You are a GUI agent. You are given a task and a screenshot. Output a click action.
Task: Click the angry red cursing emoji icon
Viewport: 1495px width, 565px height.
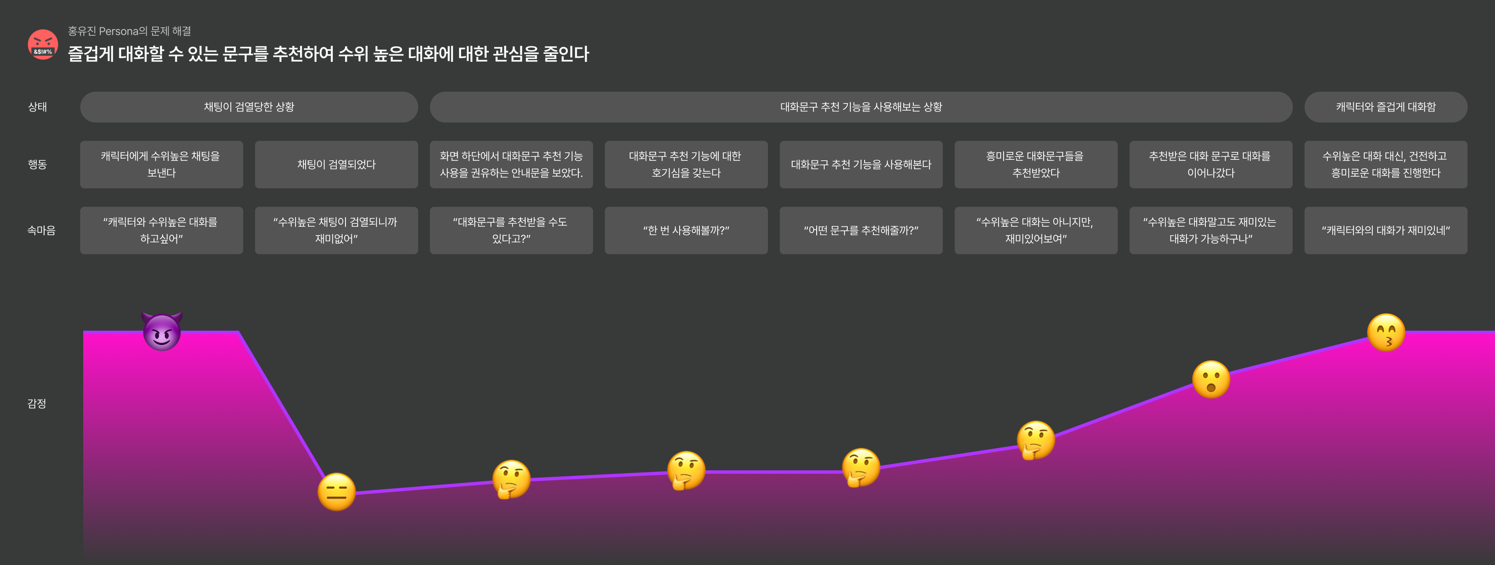coord(43,45)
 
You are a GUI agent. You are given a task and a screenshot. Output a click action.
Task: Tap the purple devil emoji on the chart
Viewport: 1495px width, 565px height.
coord(162,332)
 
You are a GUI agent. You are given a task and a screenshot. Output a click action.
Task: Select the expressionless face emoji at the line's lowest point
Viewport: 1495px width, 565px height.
coord(337,492)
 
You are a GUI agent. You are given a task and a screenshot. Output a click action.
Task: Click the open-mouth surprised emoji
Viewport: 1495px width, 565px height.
coord(1210,380)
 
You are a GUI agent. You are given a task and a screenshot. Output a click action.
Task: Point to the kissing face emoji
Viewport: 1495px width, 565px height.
coord(1386,333)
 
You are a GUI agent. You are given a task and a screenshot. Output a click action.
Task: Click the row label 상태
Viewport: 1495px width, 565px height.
coord(38,107)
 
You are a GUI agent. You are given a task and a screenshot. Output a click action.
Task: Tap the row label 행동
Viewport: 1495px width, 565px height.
coord(38,164)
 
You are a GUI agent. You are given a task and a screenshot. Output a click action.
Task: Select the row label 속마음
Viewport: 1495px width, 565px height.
coord(41,231)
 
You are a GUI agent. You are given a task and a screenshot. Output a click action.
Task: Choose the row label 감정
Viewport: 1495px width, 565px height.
coord(37,403)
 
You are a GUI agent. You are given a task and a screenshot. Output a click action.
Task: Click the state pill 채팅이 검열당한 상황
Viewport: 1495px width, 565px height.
coord(249,107)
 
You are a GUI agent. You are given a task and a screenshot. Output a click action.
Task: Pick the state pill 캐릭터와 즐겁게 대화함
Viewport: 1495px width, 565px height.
coord(1385,107)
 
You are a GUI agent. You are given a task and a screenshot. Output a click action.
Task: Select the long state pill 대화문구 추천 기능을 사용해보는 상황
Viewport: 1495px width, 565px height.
coord(861,107)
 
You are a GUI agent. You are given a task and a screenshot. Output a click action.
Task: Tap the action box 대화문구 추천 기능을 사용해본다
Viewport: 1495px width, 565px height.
coord(861,164)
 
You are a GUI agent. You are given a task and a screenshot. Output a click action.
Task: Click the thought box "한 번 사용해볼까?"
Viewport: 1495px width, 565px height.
coord(686,231)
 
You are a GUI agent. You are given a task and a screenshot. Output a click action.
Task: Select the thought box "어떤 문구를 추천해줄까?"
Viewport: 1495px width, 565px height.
coord(861,231)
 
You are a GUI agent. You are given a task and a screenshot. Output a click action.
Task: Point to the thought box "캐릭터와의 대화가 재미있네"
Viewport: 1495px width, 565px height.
coord(1385,231)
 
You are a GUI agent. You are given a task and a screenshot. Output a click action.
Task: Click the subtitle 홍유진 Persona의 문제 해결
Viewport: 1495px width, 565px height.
coord(129,31)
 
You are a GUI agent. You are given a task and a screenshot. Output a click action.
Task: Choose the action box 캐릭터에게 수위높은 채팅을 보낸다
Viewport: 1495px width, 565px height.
coord(161,164)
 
